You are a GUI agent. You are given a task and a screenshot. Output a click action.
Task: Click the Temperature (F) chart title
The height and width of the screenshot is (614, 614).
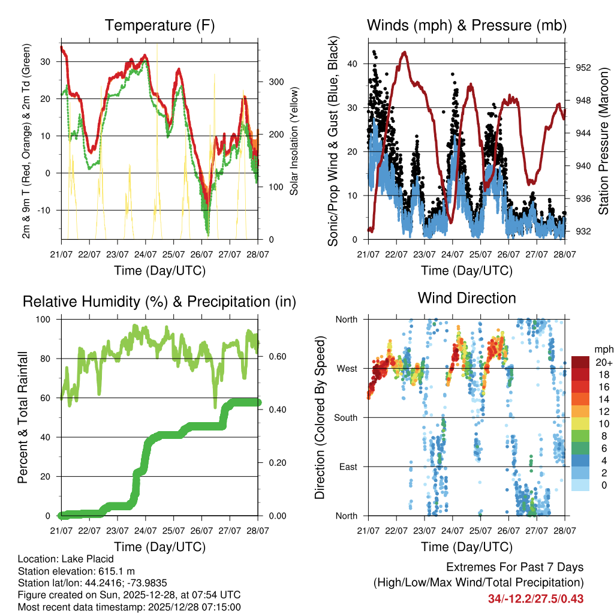[x=159, y=25]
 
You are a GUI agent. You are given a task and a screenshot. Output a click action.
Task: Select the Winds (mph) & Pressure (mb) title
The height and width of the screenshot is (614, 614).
[x=466, y=25]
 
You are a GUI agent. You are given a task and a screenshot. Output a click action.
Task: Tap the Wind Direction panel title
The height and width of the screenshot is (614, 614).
[x=466, y=297]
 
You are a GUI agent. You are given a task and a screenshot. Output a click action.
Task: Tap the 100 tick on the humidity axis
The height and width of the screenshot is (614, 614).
[x=47, y=320]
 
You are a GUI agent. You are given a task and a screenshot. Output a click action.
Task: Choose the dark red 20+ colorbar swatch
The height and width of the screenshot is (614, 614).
[x=580, y=362]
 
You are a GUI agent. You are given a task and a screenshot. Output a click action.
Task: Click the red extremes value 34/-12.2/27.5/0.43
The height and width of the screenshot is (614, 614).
[x=535, y=598]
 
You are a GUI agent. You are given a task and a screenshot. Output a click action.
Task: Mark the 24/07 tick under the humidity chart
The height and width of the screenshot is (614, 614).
[x=145, y=531]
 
